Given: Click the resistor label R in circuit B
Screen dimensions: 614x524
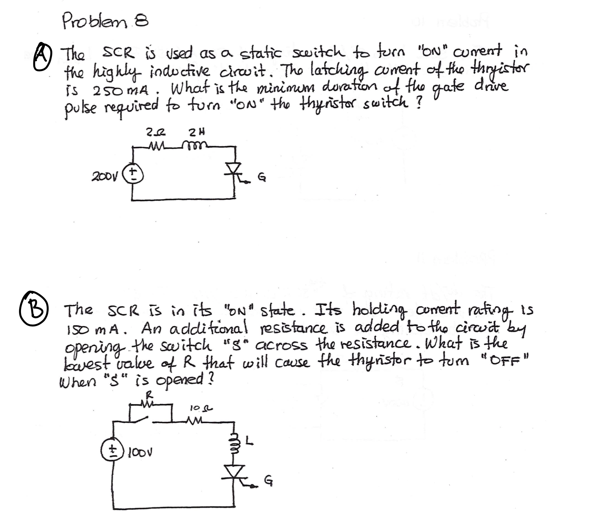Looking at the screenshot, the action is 150,396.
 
